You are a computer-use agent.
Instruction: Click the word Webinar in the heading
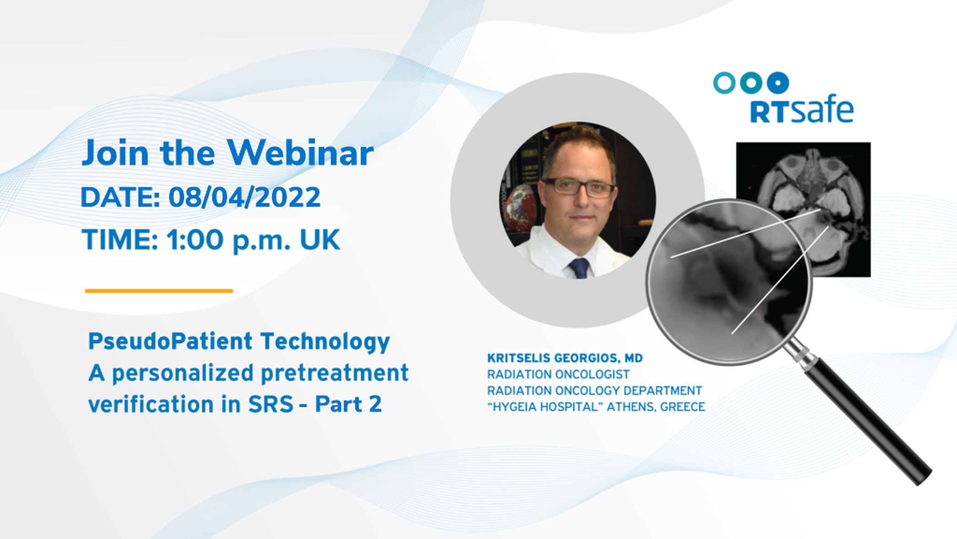point(301,153)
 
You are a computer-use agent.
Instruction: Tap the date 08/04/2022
point(244,197)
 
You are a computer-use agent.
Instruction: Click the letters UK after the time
point(320,239)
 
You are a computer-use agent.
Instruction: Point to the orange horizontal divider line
point(159,291)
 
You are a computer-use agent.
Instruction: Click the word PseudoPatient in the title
point(170,342)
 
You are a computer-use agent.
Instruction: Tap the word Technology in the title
point(325,342)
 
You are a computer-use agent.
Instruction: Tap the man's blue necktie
point(579,268)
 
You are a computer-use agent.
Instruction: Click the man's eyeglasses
point(578,187)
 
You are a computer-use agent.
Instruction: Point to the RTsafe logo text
point(801,111)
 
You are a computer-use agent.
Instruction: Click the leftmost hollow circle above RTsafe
point(724,83)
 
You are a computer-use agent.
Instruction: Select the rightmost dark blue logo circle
point(778,83)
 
